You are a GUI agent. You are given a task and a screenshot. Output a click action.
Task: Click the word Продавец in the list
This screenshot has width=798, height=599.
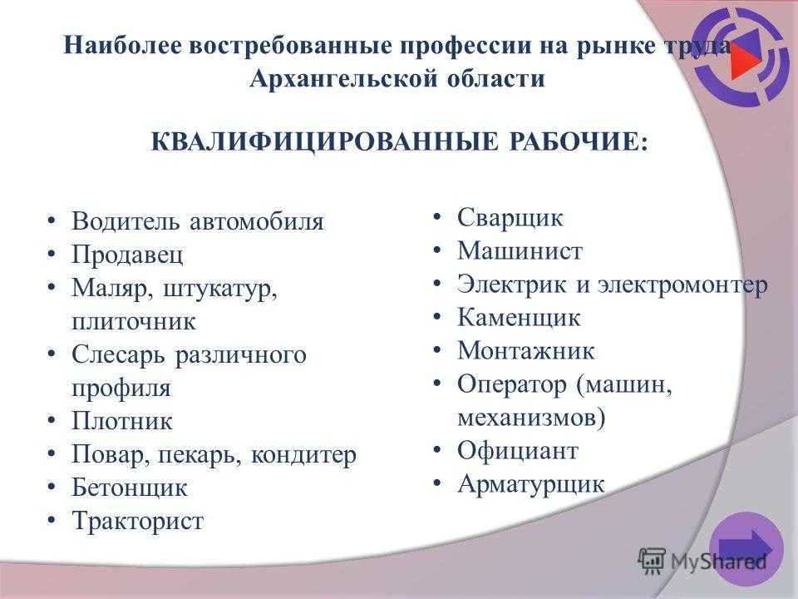(x=127, y=255)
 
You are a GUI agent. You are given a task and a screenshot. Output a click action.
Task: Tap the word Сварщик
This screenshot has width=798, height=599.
(x=510, y=218)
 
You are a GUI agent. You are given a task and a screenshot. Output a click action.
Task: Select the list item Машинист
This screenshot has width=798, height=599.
(x=520, y=250)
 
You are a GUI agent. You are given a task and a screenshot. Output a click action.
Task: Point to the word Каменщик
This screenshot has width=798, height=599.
(x=519, y=317)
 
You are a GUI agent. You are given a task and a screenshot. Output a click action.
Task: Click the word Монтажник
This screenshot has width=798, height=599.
(x=525, y=350)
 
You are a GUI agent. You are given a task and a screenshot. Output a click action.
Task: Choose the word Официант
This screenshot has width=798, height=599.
(x=518, y=450)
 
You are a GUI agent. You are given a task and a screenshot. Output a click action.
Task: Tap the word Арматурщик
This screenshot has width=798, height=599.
(x=531, y=484)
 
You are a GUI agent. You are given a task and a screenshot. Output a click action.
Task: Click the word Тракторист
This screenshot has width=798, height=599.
(x=137, y=521)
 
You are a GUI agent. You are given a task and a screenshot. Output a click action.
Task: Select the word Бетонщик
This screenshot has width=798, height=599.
(x=130, y=488)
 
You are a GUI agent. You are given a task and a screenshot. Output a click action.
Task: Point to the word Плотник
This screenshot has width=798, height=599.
(x=122, y=421)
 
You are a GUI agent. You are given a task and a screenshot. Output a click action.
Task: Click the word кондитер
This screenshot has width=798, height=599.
(x=304, y=454)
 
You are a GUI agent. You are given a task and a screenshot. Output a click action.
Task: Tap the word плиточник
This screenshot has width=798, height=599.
(x=133, y=321)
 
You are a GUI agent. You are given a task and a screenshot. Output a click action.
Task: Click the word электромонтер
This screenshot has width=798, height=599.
(x=682, y=285)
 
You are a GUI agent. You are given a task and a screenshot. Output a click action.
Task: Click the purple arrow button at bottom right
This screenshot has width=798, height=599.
(x=746, y=549)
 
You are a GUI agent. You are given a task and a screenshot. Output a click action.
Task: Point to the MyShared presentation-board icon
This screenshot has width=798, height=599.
(x=652, y=562)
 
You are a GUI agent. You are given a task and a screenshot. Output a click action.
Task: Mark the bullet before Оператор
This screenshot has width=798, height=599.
(x=436, y=384)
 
